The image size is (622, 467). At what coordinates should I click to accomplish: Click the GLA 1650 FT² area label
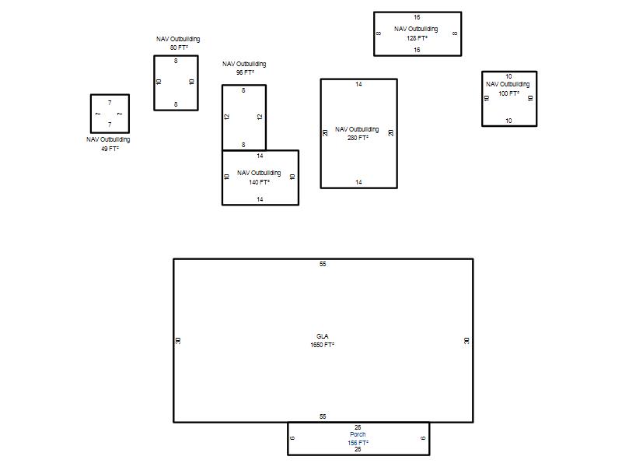(x=322, y=341)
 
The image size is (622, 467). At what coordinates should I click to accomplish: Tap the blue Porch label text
(x=358, y=434)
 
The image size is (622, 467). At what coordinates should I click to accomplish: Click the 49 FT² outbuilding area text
(x=110, y=149)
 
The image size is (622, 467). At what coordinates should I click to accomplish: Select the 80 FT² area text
(x=179, y=47)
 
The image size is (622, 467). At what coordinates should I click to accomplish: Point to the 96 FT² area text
(x=245, y=72)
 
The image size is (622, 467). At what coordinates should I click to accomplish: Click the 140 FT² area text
(x=260, y=182)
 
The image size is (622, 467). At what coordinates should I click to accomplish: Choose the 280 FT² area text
(x=358, y=138)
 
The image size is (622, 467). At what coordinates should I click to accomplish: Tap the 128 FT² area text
(x=417, y=38)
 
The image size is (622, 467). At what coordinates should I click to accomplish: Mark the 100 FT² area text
(x=509, y=93)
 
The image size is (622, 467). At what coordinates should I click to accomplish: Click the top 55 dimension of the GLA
(x=323, y=264)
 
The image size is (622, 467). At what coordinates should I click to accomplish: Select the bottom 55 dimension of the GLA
(x=323, y=416)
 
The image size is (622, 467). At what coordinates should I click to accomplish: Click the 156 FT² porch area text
(x=358, y=443)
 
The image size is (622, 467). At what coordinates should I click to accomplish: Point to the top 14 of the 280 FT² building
(x=358, y=84)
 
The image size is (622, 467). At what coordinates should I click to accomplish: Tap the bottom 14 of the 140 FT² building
(x=260, y=199)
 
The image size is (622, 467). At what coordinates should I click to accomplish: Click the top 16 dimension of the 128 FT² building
(x=417, y=17)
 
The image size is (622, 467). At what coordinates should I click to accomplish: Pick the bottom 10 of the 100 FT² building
(x=508, y=121)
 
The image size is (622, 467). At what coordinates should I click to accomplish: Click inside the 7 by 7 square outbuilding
(x=110, y=114)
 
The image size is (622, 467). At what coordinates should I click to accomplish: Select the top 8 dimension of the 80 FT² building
(x=176, y=61)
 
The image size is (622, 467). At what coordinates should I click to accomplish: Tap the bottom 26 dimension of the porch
(x=358, y=450)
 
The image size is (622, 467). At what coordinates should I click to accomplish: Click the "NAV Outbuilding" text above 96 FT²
(x=244, y=64)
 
